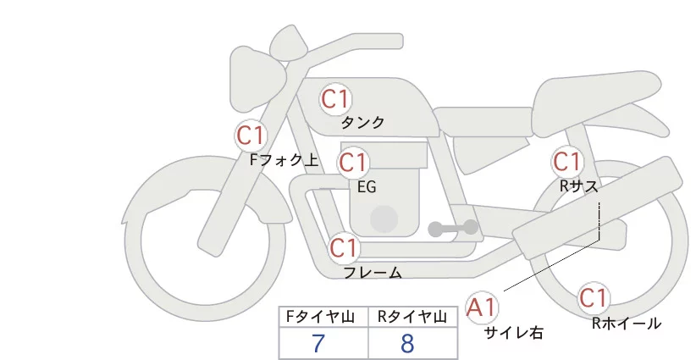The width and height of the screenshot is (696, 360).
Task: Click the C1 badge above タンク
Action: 335,99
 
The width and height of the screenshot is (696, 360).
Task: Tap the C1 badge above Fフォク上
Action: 251,135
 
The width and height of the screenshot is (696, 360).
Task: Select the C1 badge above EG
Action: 353,162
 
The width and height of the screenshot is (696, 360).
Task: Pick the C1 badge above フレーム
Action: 345,248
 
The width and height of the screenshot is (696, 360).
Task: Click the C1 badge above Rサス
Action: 566,161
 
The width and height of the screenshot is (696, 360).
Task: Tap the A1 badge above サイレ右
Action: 483,306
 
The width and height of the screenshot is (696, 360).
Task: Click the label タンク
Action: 362,123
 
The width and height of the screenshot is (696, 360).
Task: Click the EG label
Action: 367,186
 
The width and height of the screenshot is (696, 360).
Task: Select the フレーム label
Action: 373,273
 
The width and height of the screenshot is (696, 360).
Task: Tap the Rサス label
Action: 578,185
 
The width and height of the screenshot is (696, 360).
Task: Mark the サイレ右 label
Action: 513,333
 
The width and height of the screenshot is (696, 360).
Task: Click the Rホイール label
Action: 626,323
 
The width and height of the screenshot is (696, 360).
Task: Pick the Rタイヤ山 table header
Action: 415,317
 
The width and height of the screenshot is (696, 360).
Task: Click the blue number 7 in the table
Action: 318,344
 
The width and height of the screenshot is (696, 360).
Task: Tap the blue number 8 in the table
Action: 407,344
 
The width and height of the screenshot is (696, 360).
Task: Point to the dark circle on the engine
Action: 384,219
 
